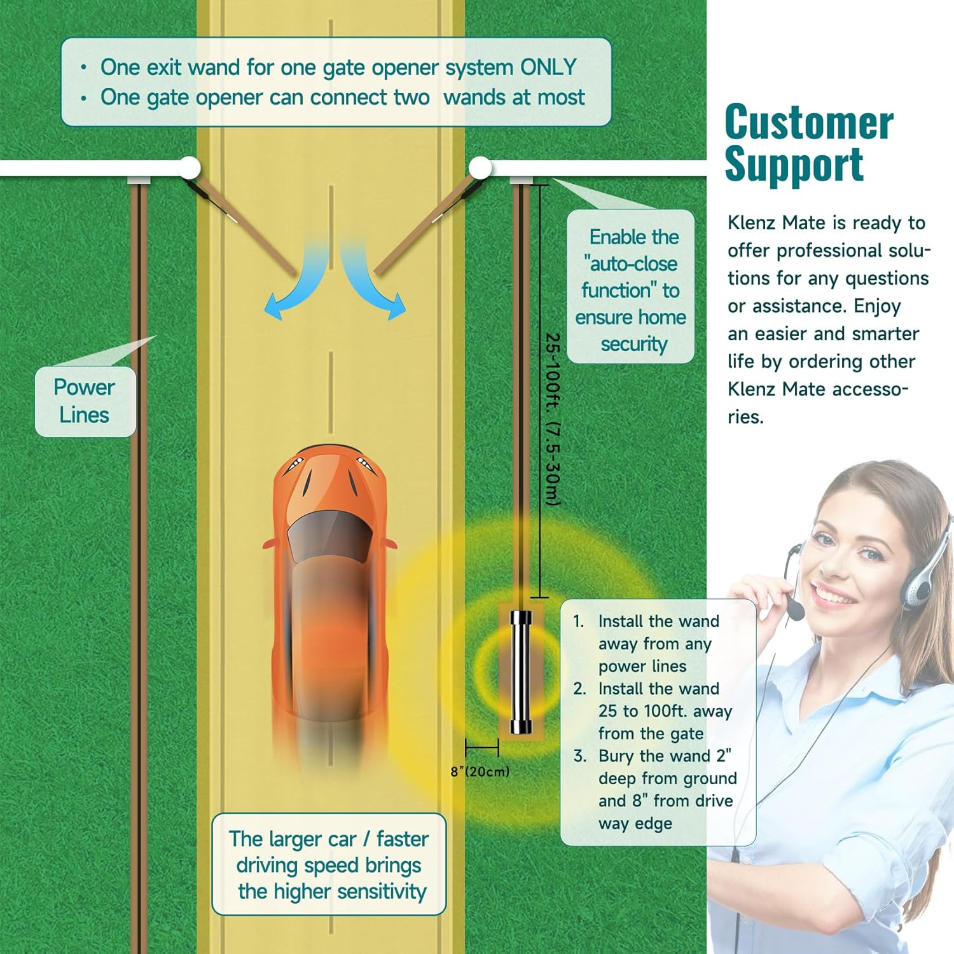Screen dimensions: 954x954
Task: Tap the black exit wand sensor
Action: pos(521,672)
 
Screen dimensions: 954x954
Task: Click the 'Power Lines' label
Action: pos(85,401)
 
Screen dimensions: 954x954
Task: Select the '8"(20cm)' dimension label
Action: pos(480,771)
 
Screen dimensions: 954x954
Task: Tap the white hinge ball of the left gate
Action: pos(189,167)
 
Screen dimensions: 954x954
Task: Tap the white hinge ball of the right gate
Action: pos(480,168)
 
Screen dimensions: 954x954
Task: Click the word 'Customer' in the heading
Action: pos(809,122)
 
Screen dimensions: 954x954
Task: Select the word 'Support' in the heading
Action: pos(794,164)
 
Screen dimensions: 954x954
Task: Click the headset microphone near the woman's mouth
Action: pos(796,611)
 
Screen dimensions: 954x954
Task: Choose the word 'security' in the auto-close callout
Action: pos(633,344)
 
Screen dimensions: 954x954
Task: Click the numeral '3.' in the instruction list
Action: pos(579,756)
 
